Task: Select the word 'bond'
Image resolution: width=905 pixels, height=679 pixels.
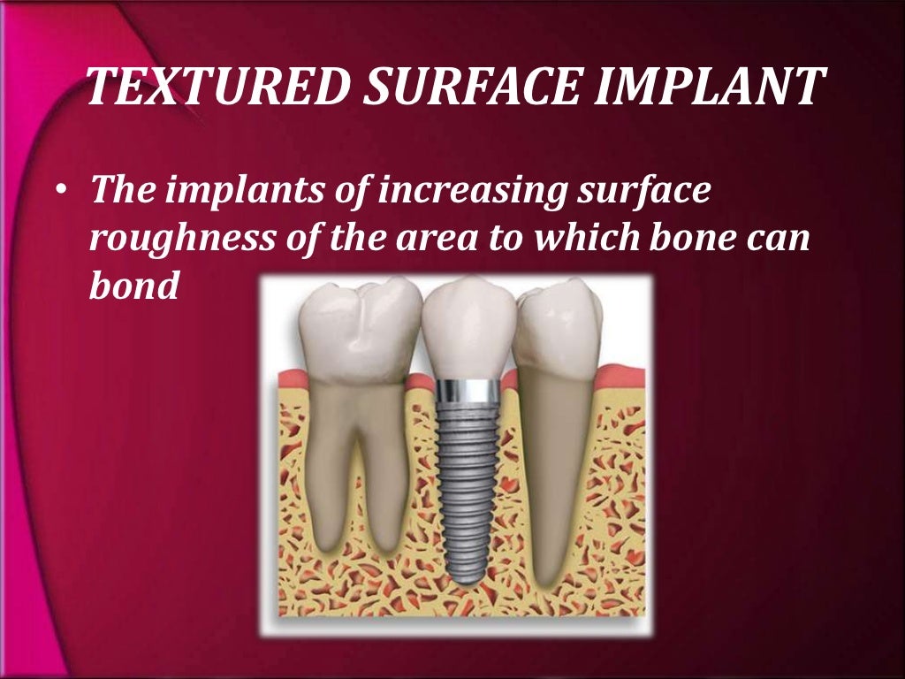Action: click(134, 287)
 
